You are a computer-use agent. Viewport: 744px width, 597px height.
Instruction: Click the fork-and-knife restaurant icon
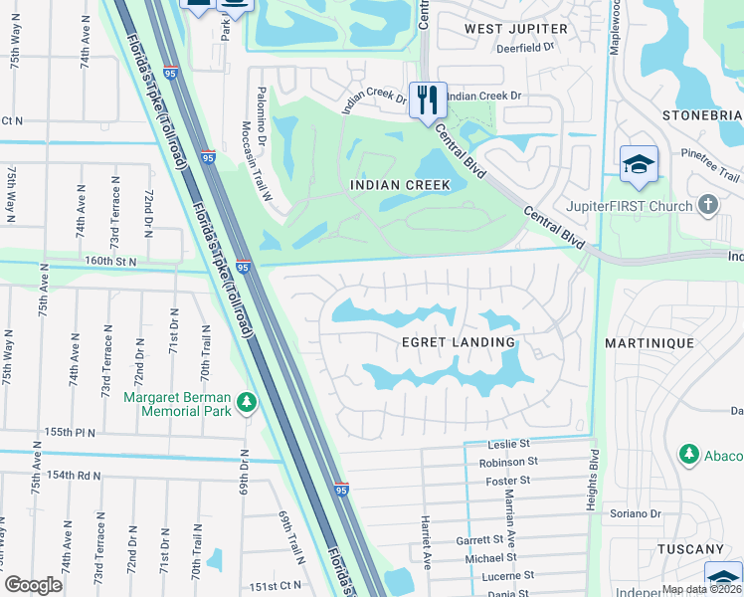428,99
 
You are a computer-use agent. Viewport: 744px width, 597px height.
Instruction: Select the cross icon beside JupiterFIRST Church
708,206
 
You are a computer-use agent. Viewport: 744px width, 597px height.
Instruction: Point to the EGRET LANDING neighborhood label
458,342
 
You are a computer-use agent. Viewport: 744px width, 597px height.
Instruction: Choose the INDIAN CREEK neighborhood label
400,185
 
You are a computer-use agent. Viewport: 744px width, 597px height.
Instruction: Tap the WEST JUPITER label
517,29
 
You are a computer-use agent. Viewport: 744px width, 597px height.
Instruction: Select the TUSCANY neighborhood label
690,549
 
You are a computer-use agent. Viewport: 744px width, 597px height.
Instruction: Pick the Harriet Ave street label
427,546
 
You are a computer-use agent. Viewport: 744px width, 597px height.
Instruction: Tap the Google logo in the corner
34,585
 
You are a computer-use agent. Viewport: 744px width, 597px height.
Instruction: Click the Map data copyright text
700,589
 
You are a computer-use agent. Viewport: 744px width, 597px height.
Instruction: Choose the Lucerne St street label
506,575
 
